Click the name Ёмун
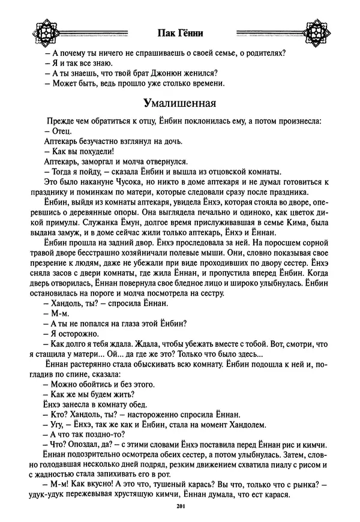123,222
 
